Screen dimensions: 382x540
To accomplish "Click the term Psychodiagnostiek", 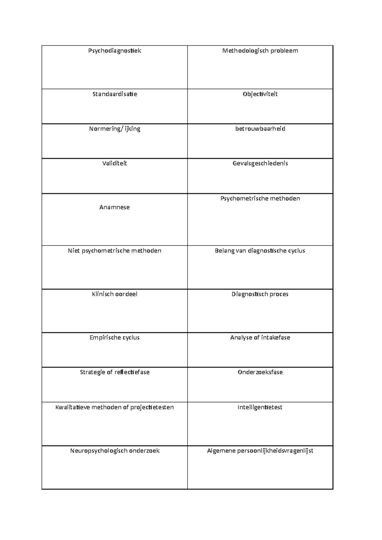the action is (x=115, y=51).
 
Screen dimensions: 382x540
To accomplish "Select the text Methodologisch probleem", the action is (x=260, y=51).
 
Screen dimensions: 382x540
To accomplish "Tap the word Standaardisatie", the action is (x=115, y=94).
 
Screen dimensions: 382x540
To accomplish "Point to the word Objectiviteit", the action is (x=260, y=94).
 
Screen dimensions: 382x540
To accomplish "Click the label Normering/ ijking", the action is (x=115, y=129).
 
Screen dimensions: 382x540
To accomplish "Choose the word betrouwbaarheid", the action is (x=260, y=129).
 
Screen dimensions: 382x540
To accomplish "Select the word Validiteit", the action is (x=115, y=163).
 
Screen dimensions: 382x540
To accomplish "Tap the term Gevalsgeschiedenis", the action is (x=260, y=163).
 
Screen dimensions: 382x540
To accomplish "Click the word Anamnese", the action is (x=115, y=207).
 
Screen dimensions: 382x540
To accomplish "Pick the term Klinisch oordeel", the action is (x=115, y=294).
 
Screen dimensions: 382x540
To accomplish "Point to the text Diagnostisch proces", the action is (x=260, y=294).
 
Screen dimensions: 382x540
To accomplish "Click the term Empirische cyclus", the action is (x=115, y=337).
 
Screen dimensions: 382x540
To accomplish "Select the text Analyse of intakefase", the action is (x=260, y=337).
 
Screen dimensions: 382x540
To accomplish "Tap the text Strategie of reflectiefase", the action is (x=115, y=372).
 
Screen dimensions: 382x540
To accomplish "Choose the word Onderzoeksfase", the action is (x=260, y=372).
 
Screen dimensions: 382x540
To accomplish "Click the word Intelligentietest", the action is (x=260, y=407).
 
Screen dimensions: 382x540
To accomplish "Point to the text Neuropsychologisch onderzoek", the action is (x=115, y=451).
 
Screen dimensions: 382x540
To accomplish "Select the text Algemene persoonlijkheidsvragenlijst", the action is (x=260, y=451).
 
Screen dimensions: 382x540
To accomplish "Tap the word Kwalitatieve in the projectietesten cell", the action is (x=73, y=407).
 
